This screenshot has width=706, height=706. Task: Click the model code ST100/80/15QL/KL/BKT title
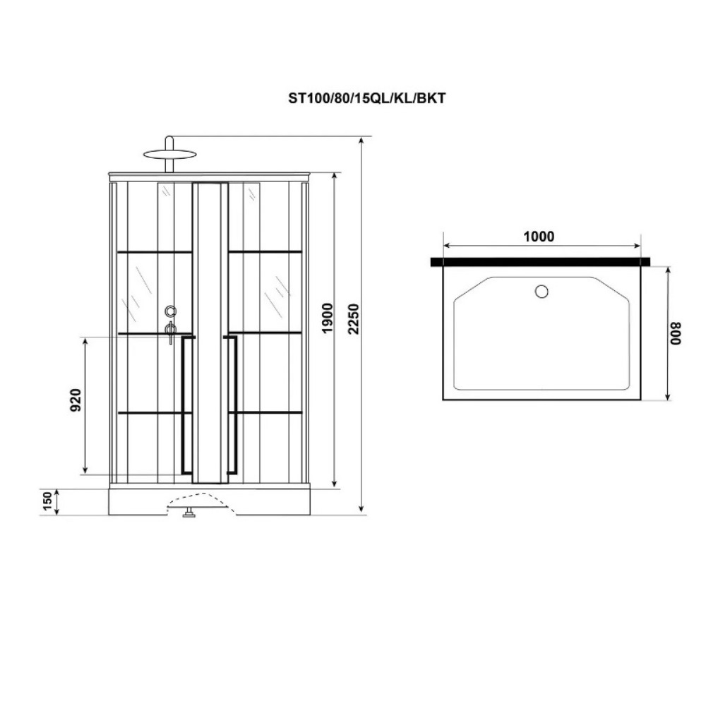coord(366,98)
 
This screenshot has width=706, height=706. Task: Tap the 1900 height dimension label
coord(328,318)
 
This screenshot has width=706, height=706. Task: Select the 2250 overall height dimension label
coord(354,318)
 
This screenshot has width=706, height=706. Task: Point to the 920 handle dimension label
coord(76,400)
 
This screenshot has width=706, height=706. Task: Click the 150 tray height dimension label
coord(47,501)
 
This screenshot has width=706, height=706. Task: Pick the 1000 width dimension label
coord(539,237)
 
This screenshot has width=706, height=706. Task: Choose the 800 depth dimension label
coord(676,333)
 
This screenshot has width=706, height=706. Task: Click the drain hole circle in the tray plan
coord(542,292)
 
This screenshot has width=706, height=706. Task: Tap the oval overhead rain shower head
coord(170,155)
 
